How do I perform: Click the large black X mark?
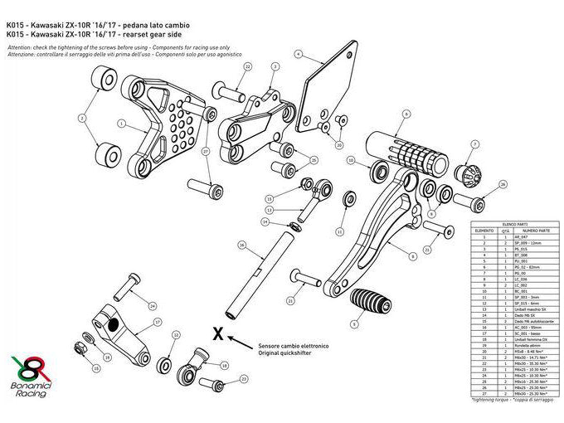point(217,334)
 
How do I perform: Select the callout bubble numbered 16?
point(241,246)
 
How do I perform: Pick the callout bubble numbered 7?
point(474,145)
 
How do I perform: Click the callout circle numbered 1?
point(121,125)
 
